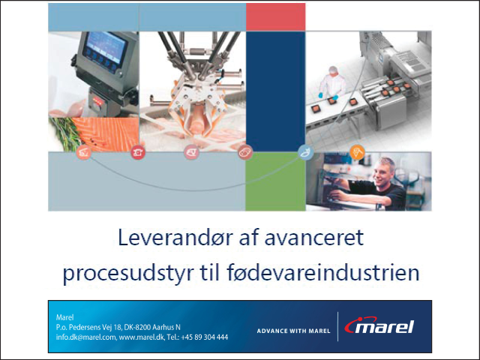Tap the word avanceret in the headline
(314, 238)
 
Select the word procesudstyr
(128, 273)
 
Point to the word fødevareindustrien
(323, 272)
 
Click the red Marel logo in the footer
(379, 325)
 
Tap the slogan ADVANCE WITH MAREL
(293, 331)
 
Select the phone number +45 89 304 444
(205, 337)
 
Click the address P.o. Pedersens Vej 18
(88, 327)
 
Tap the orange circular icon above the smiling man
(357, 151)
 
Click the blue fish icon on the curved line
(306, 152)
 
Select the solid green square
(275, 181)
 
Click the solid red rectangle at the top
(275, 16)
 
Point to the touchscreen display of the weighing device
(106, 47)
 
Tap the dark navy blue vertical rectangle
(275, 91)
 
